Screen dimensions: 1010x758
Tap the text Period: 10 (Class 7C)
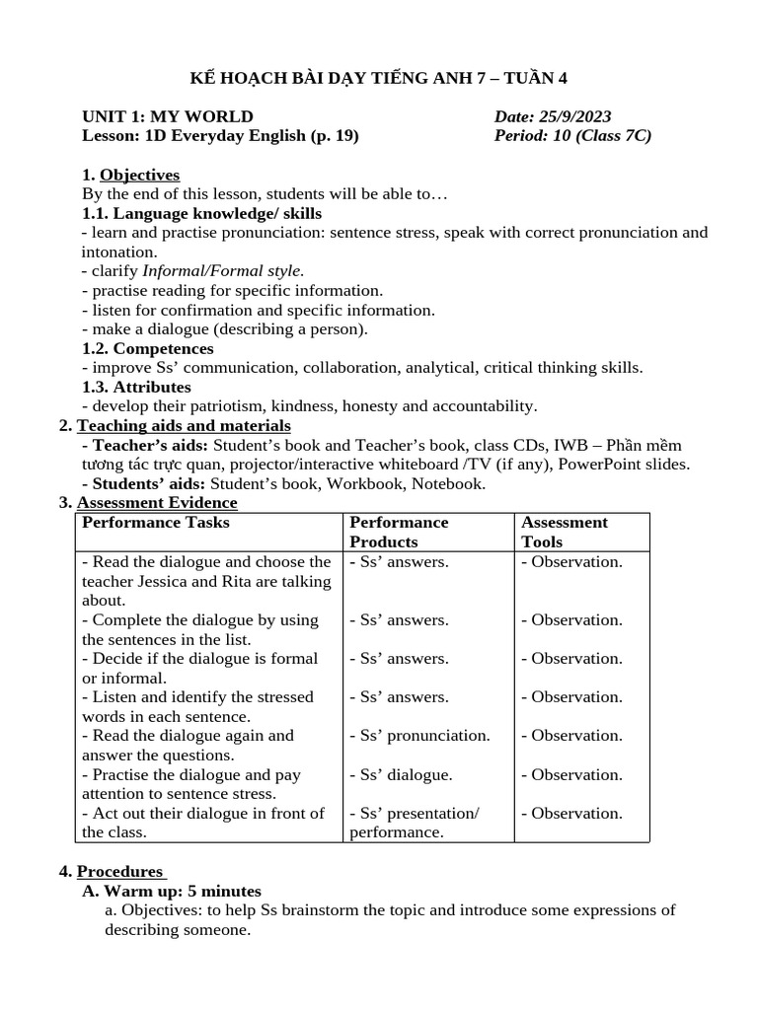[x=572, y=136]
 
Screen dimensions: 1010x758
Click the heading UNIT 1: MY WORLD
[x=167, y=116]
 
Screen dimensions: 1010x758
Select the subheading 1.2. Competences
[x=147, y=348]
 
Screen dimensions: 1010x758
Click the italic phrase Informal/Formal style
[x=224, y=270]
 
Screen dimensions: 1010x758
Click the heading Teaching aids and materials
[x=184, y=425]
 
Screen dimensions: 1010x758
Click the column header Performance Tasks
[x=155, y=522]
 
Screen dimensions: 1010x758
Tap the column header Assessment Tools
[x=564, y=532]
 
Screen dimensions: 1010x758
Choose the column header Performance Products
[x=399, y=532]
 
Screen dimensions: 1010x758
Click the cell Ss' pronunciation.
[x=419, y=735]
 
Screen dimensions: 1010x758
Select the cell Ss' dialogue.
[x=401, y=774]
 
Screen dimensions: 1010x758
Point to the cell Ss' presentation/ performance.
[x=414, y=823]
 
